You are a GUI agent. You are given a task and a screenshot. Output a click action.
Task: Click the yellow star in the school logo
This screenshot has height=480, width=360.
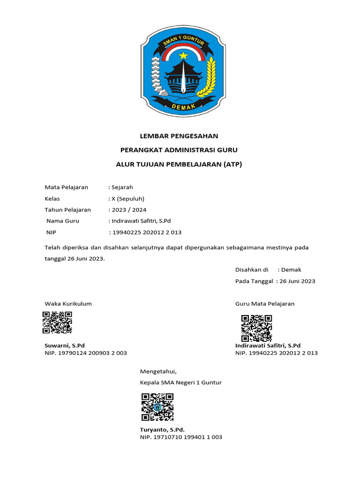tap(182, 56)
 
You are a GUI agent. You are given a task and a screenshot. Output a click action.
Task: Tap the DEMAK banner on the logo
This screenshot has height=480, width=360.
tap(182, 107)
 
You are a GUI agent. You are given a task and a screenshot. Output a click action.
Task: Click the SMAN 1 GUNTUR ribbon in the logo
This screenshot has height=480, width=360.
tap(182, 43)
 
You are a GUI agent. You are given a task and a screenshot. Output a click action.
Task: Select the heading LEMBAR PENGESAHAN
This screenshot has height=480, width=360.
tap(179, 136)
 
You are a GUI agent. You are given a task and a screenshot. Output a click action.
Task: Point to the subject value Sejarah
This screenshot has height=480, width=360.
tap(122, 187)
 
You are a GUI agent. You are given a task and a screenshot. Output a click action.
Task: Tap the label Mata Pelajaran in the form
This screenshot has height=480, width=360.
tap(66, 187)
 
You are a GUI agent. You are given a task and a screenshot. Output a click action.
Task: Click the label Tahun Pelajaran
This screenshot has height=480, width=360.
tap(67, 210)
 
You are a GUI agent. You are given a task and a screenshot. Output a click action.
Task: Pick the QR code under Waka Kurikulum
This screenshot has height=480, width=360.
tap(57, 322)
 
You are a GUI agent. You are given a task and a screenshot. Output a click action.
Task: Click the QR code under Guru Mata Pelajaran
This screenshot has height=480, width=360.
tap(256, 328)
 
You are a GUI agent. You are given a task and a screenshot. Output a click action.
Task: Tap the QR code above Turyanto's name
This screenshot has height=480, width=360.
tap(157, 406)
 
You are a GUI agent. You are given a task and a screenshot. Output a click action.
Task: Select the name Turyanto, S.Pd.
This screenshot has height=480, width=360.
tap(162, 429)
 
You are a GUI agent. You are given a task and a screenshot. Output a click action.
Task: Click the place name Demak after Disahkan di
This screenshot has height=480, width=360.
tap(291, 270)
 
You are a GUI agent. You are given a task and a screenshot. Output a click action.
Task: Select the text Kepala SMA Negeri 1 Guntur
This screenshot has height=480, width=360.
tap(180, 382)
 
